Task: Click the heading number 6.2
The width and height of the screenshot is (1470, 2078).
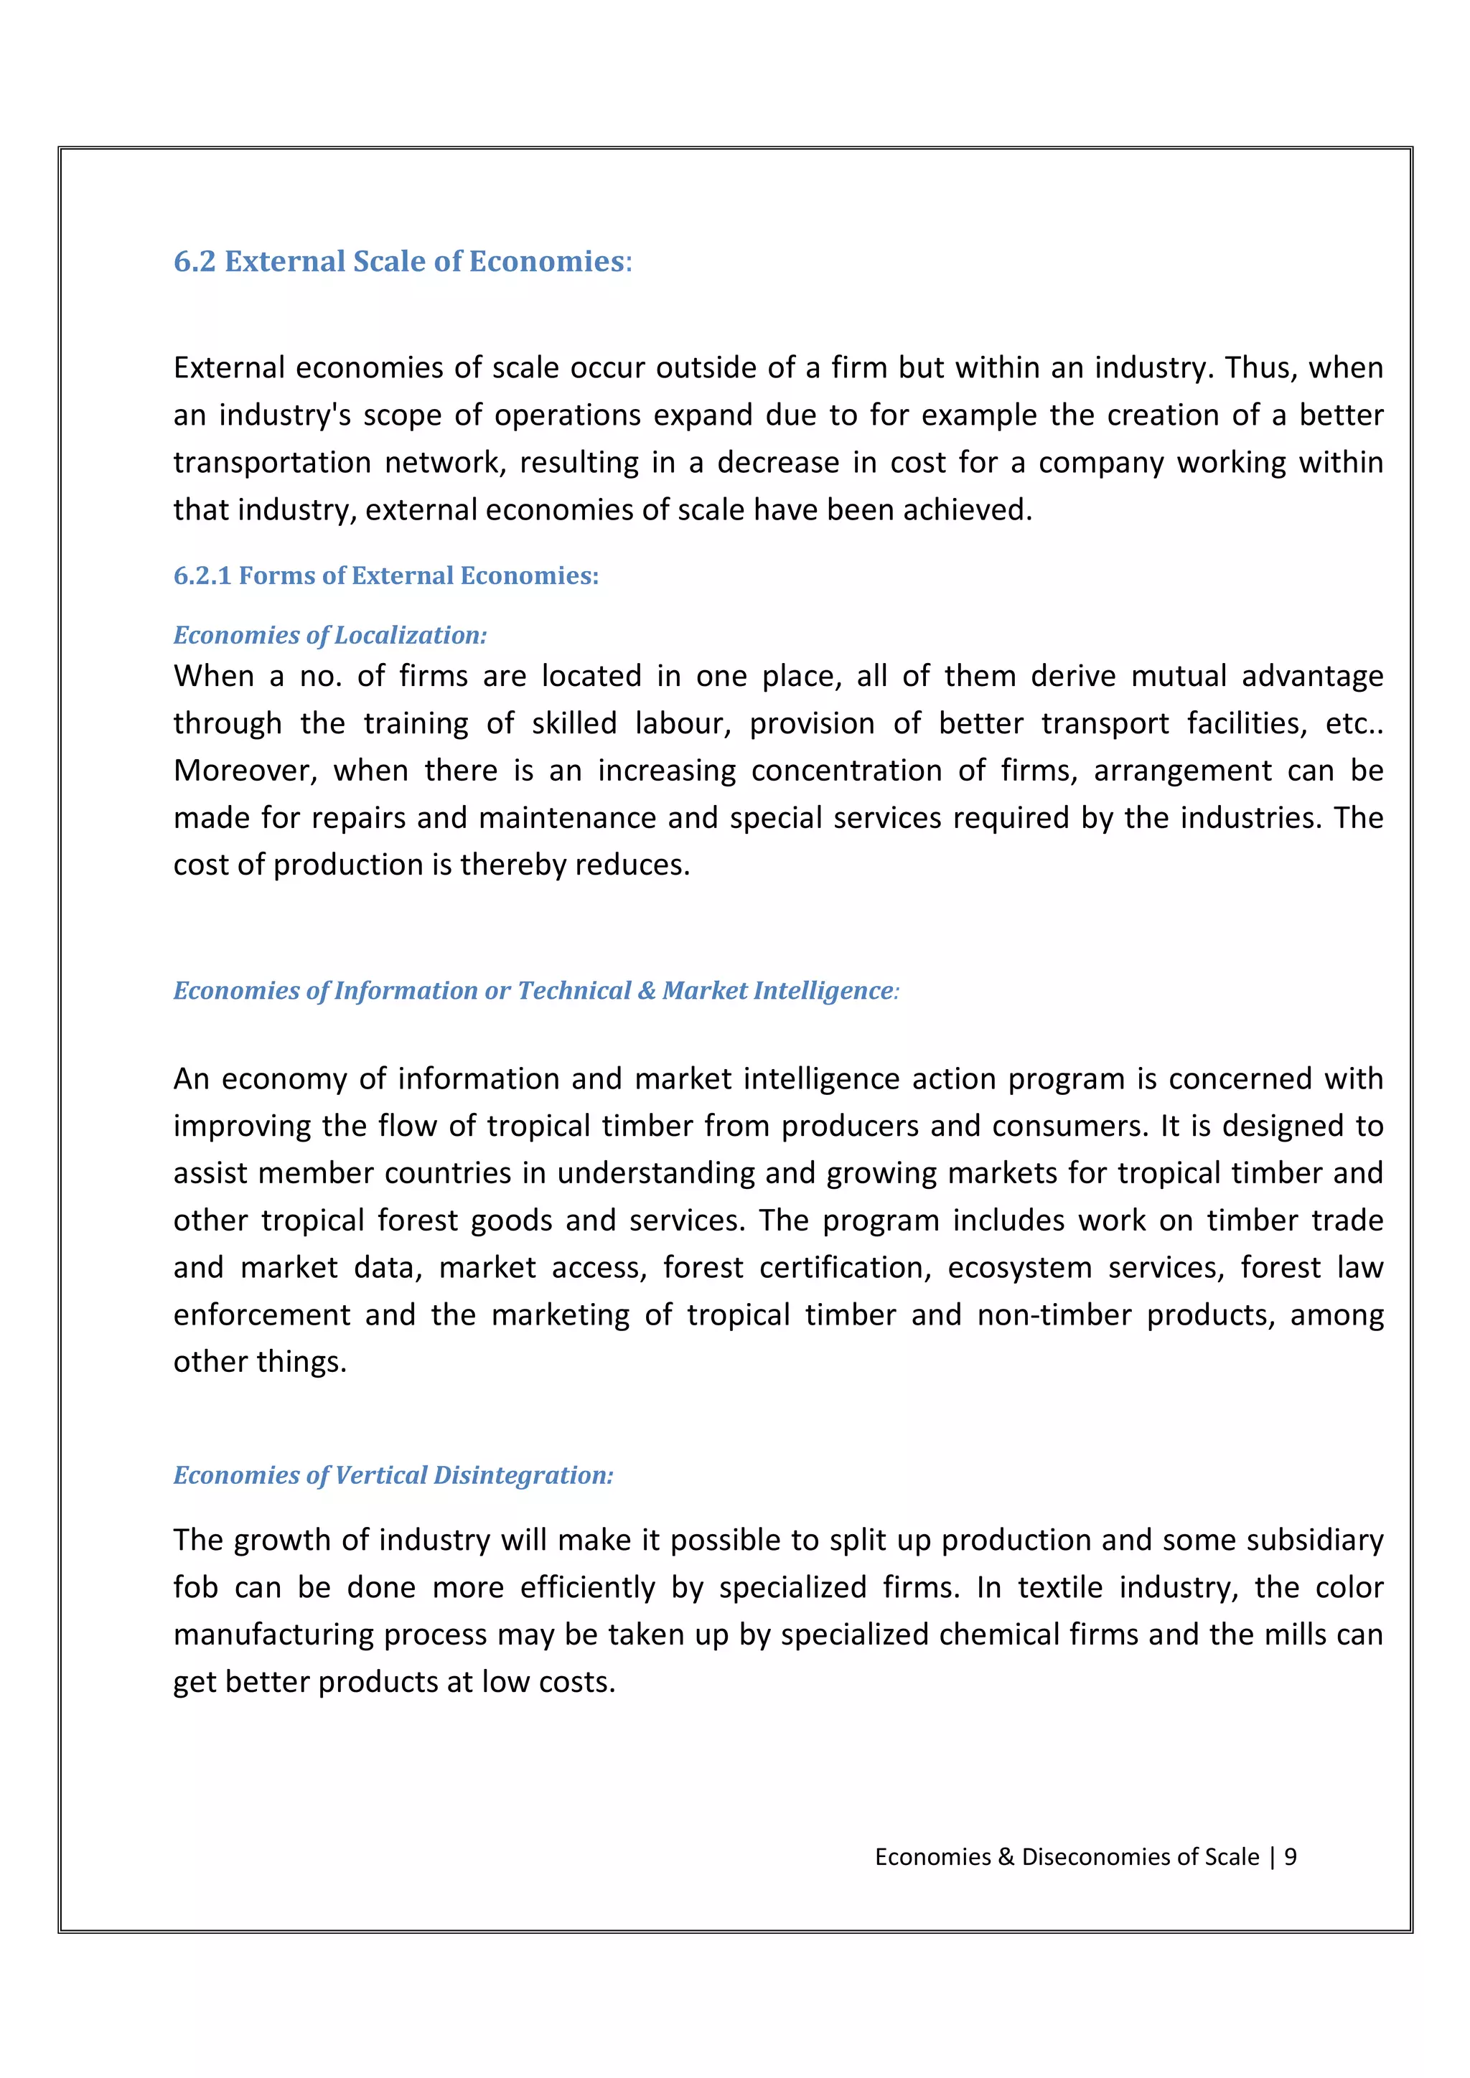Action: coord(195,262)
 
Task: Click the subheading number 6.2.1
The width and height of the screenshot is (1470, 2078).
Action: coord(202,575)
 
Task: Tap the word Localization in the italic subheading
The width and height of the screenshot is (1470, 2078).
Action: coord(409,635)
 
